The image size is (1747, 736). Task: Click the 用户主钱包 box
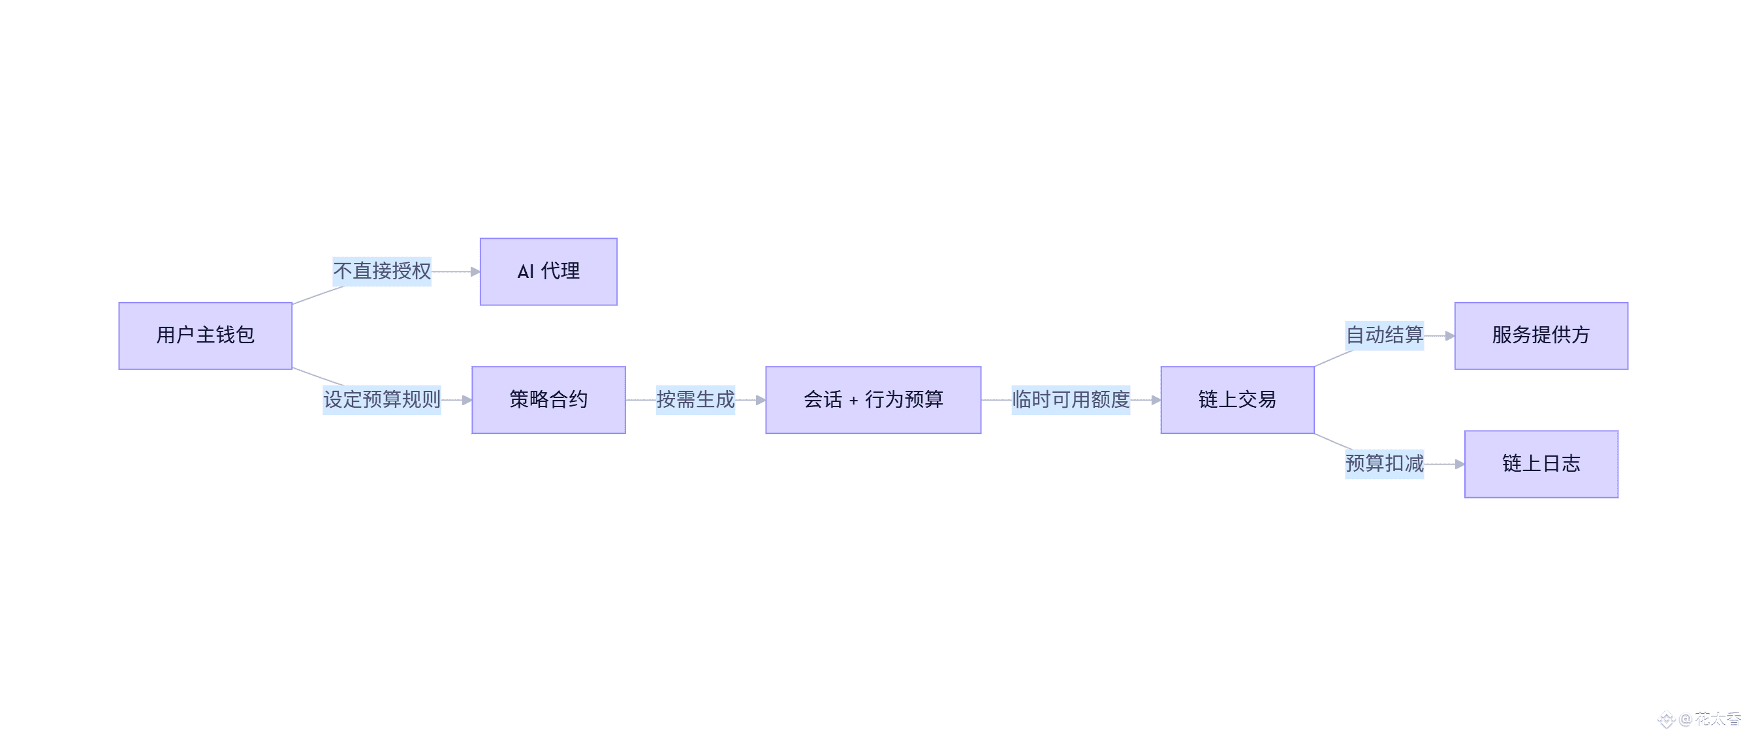click(x=206, y=335)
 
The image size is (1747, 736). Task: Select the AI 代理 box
click(x=548, y=271)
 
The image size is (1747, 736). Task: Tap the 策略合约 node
click(x=548, y=400)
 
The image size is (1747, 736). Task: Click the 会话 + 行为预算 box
click(x=873, y=400)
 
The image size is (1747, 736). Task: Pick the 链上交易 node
click(x=1237, y=400)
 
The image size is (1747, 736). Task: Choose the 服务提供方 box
click(x=1541, y=335)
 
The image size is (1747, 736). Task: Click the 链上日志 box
click(x=1541, y=464)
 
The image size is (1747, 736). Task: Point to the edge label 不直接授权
click(x=382, y=271)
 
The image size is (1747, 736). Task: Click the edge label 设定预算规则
click(x=382, y=400)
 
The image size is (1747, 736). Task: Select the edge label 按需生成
click(x=695, y=400)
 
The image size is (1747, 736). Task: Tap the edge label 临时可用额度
click(x=1070, y=400)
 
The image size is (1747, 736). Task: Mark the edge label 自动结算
click(x=1384, y=335)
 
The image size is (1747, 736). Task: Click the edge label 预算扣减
click(x=1384, y=464)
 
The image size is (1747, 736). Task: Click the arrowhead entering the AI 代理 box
click(x=475, y=272)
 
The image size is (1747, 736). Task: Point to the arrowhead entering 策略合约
click(x=467, y=401)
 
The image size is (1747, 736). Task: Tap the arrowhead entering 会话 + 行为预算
click(x=761, y=401)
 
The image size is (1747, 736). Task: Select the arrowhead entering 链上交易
click(x=1156, y=401)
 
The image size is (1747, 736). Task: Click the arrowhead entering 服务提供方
click(x=1450, y=336)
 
